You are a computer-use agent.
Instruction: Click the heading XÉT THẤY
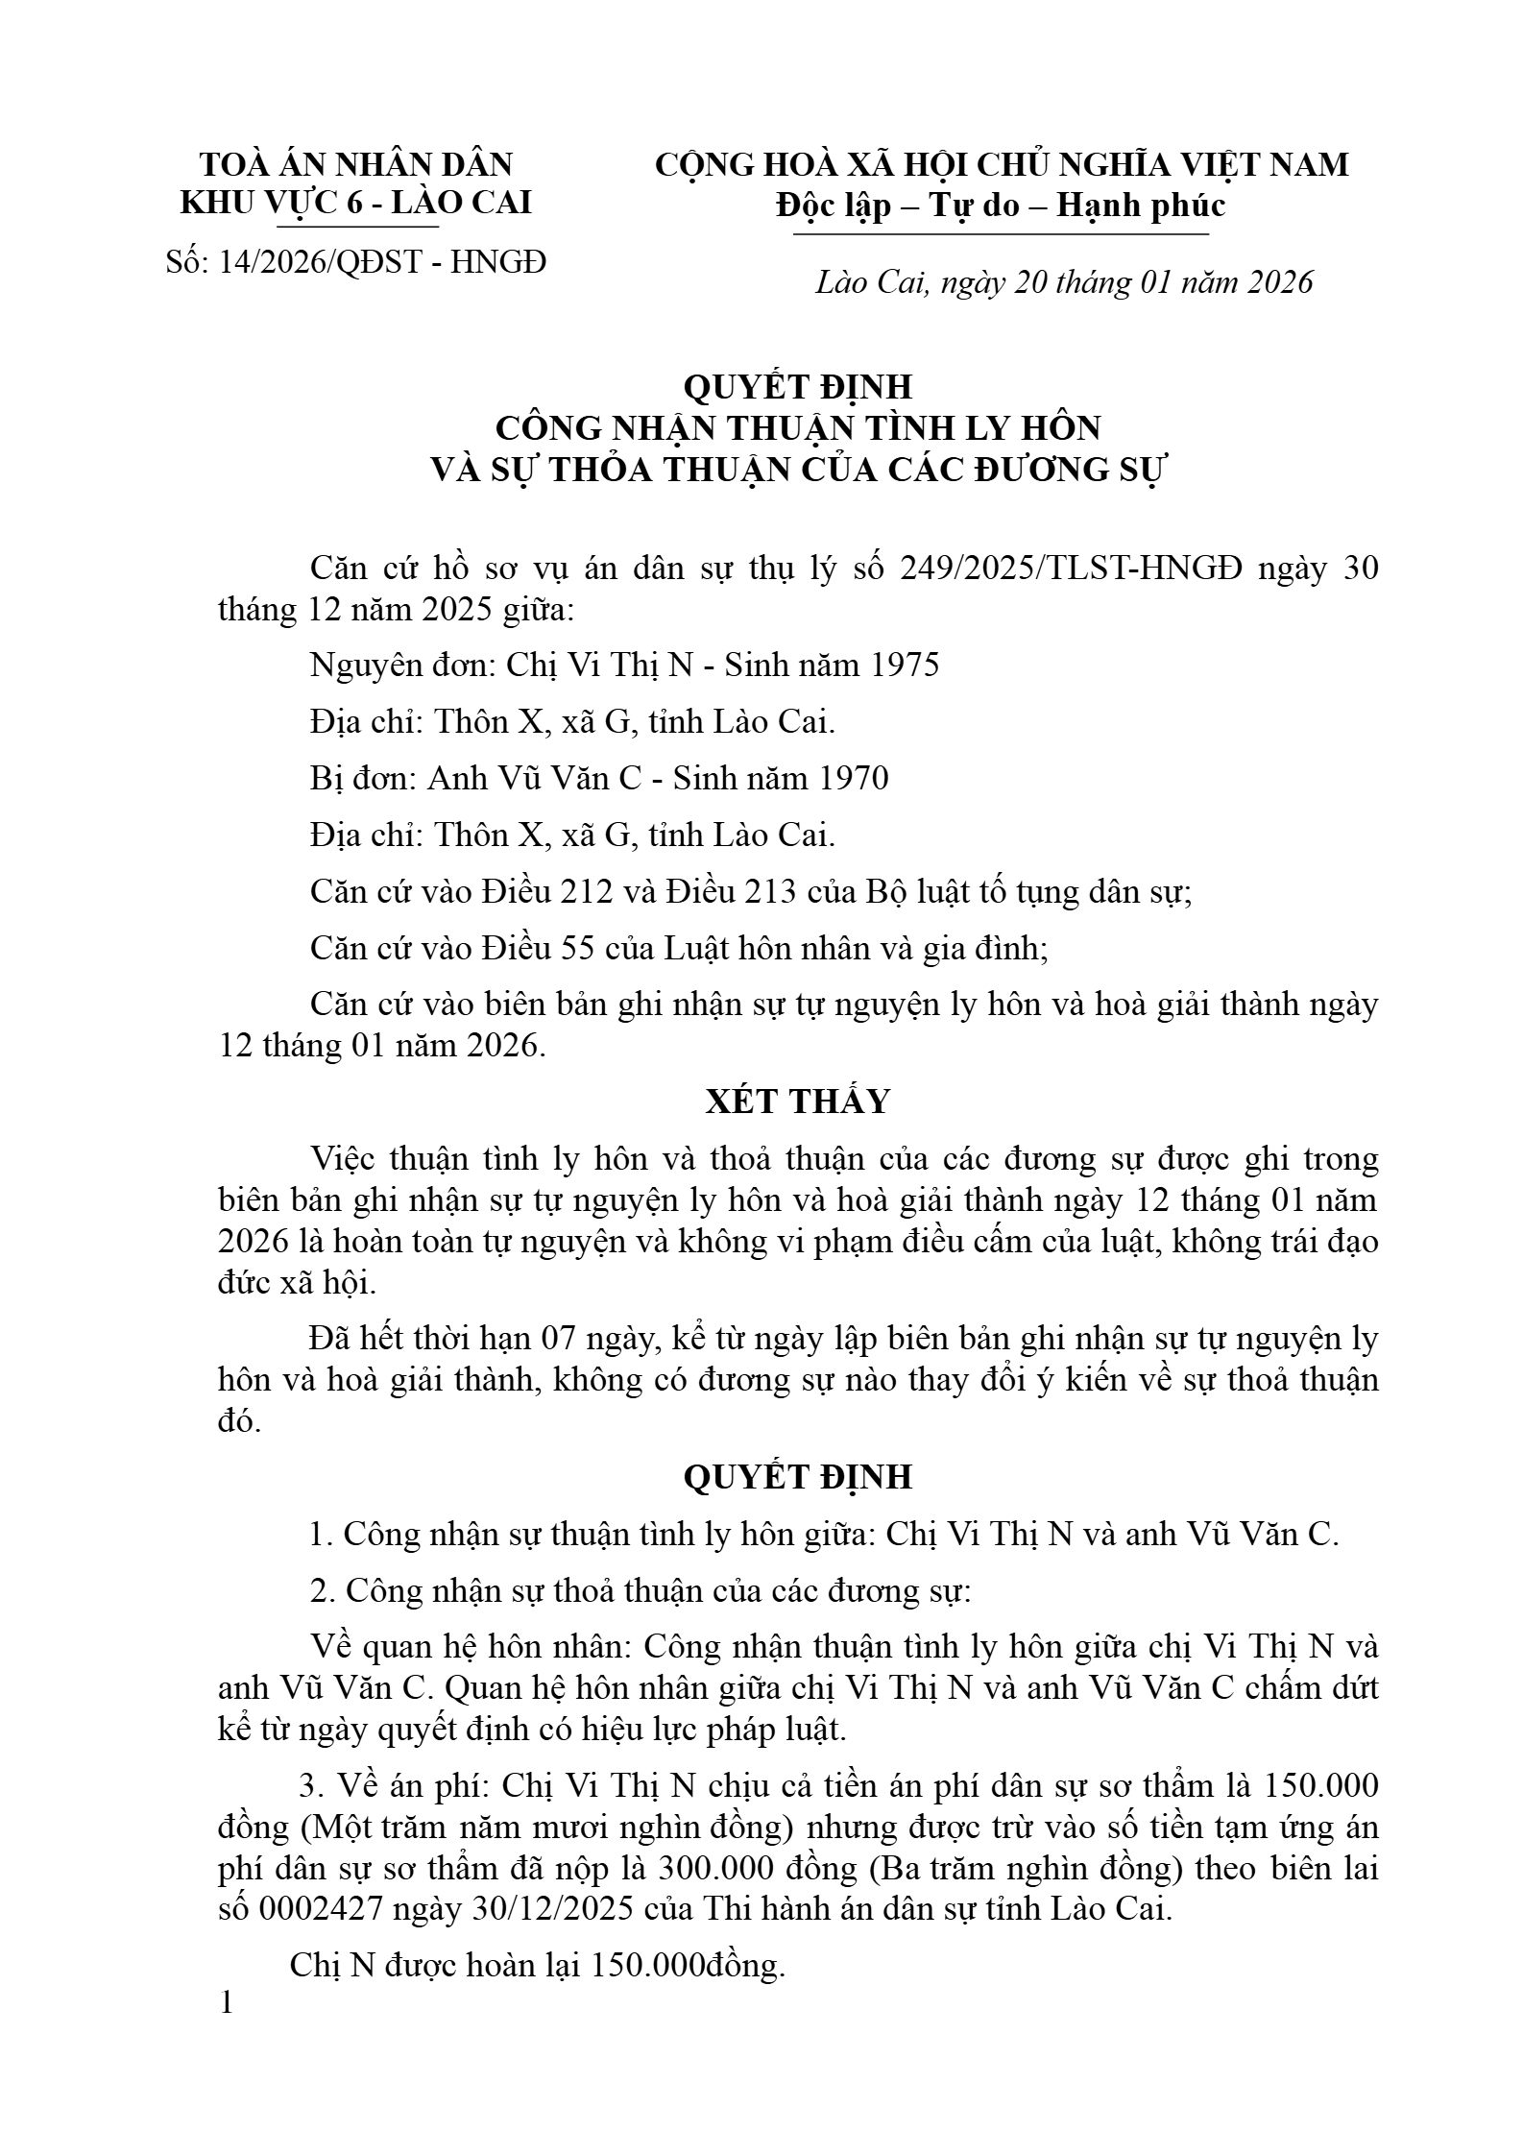[798, 1101]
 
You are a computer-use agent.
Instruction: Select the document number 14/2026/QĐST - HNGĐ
[382, 261]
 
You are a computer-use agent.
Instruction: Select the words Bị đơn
[360, 778]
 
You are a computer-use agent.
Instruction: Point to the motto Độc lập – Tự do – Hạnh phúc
[1002, 206]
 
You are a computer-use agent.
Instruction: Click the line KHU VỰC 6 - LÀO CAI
[356, 204]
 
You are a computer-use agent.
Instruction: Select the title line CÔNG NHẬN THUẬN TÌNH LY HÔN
[797, 427]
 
